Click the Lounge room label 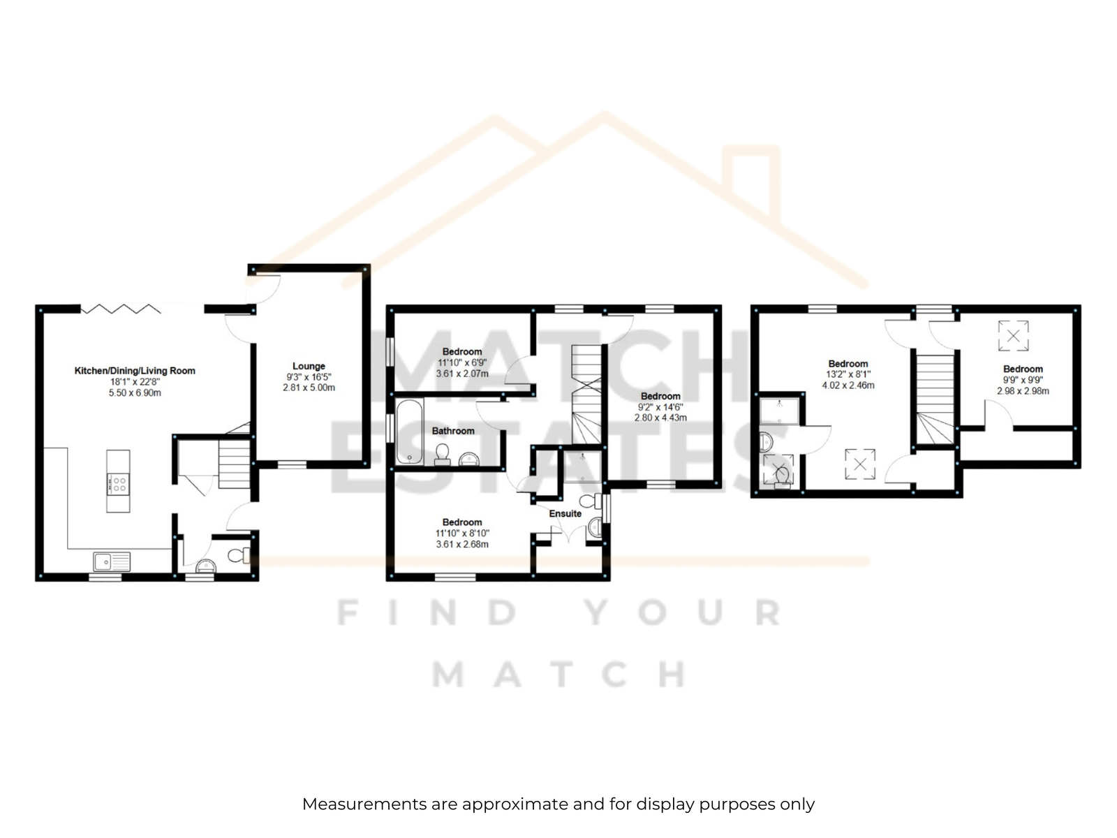309,366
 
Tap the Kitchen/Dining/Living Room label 135,370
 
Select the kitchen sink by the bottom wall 112,561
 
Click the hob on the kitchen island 118,484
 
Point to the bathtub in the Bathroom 410,432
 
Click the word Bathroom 453,431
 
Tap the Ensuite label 565,513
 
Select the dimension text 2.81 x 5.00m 309,388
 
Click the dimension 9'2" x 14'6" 660,407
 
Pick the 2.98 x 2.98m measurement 1023,391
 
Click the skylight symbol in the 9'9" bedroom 1013,336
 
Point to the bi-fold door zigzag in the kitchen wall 121,309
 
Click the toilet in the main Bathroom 442,455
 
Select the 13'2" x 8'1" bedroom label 848,364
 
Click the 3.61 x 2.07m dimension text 462,374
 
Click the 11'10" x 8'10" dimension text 462,534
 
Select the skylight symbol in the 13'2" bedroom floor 860,464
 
